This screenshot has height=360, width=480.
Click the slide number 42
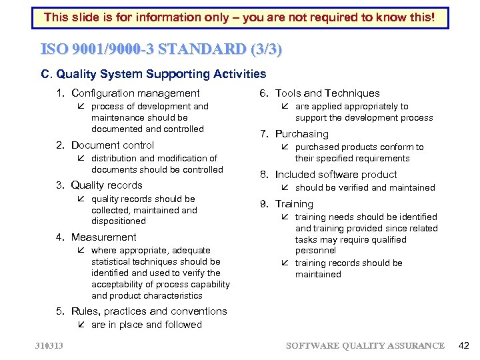(x=464, y=345)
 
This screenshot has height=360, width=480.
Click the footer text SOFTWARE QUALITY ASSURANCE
(x=365, y=345)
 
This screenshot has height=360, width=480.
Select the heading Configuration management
(x=135, y=93)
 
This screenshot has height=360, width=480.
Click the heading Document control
(x=112, y=145)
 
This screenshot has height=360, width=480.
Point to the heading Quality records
(x=107, y=185)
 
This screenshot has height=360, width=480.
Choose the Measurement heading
(x=103, y=237)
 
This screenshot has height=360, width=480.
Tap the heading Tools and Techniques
(x=327, y=93)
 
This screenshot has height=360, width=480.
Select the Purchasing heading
(x=301, y=134)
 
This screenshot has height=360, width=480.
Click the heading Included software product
(x=336, y=175)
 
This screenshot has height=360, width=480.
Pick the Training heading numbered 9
(x=294, y=204)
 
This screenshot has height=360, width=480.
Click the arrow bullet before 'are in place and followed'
(x=81, y=325)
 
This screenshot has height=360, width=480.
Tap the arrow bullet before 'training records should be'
(x=285, y=263)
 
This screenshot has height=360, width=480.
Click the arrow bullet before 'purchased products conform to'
(x=285, y=147)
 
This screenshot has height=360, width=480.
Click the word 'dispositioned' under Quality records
(x=118, y=221)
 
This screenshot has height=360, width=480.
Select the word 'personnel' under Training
(x=315, y=251)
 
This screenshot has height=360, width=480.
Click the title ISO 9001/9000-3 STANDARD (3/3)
(x=161, y=49)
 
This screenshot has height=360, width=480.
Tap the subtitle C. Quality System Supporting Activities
(x=154, y=74)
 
